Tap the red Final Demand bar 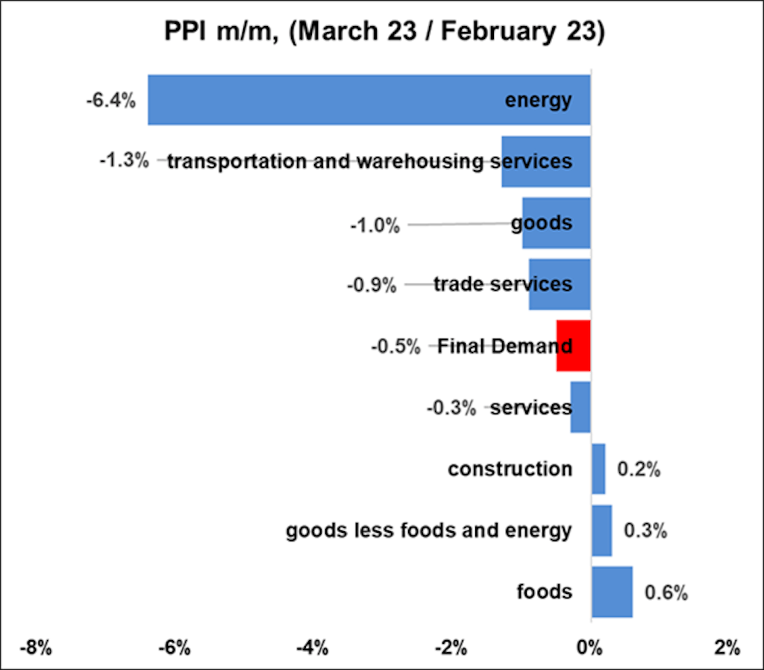click(x=573, y=346)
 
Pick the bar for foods click(x=612, y=592)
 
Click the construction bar click(x=598, y=469)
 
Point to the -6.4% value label click(x=110, y=100)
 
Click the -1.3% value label click(x=124, y=161)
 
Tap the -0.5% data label click(x=395, y=347)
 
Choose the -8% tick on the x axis click(x=35, y=646)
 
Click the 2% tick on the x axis click(x=727, y=646)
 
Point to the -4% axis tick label click(x=313, y=646)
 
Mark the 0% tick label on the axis click(x=590, y=646)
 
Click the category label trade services click(x=502, y=284)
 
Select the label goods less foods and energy click(x=429, y=530)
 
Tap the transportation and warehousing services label click(x=369, y=161)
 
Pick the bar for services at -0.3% click(x=580, y=407)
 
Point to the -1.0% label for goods click(x=375, y=224)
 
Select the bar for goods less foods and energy click(x=601, y=530)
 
